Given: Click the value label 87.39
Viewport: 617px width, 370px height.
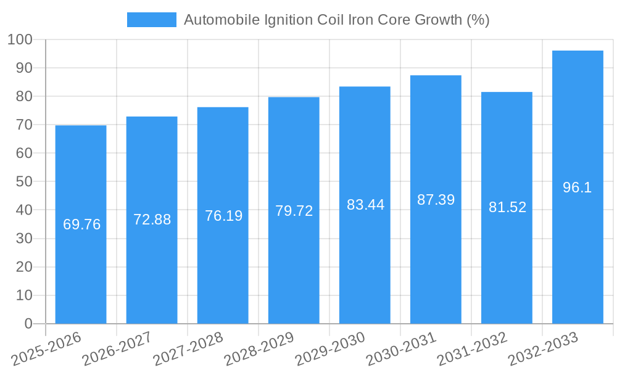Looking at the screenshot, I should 436,200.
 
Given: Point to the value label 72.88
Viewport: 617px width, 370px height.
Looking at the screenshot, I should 152,220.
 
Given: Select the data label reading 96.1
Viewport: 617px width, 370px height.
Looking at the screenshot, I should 578,188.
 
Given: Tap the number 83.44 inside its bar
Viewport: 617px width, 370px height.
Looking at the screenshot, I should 365,205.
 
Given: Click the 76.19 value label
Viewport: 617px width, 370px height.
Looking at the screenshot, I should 223,216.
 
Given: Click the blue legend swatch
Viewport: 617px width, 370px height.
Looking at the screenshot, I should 151,20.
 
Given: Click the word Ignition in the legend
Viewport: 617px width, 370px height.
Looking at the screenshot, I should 286,20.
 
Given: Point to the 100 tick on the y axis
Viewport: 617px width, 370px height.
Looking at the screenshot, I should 20,40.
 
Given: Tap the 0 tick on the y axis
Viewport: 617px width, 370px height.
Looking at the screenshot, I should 28,324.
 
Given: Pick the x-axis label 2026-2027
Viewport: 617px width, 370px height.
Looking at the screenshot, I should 118,349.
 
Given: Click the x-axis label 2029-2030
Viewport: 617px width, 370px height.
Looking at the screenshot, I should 331,349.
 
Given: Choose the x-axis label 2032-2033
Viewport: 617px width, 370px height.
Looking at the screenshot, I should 544,349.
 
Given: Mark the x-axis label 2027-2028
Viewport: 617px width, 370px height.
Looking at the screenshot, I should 189,349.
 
